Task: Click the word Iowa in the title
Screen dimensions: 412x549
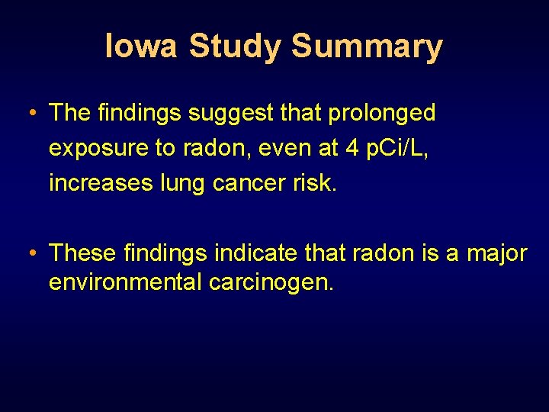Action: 140,46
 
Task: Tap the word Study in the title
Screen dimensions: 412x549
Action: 236,46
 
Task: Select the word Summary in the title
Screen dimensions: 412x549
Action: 367,46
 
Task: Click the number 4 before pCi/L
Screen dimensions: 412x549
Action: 352,148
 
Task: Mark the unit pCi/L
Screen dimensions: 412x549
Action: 399,148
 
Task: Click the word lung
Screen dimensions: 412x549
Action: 178,183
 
